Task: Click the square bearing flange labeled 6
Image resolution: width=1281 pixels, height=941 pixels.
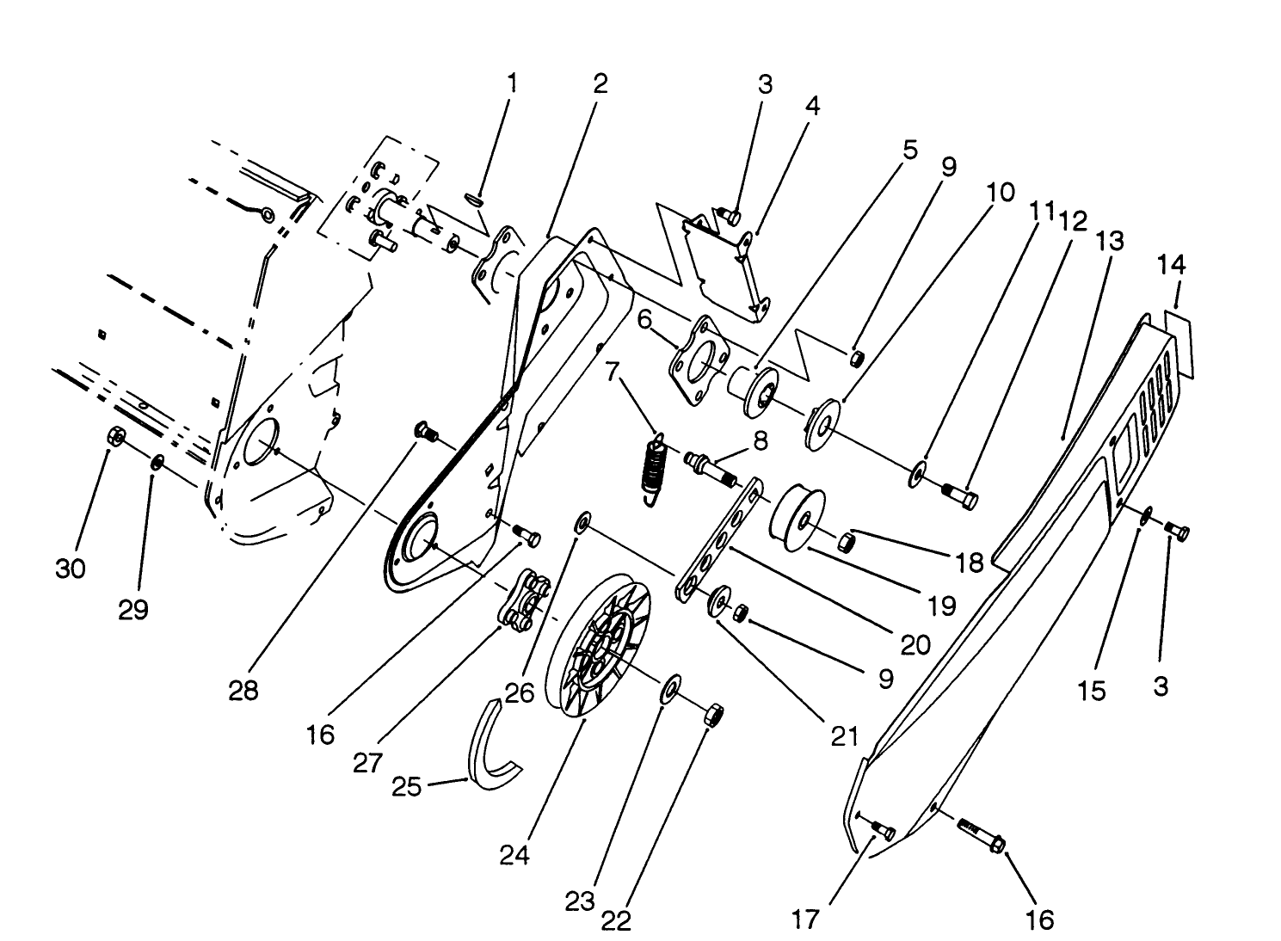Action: pos(699,361)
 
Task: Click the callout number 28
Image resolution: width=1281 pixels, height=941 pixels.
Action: pos(243,691)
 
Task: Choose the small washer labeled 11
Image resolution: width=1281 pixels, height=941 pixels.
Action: pos(919,472)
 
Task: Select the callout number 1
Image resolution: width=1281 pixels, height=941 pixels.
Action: pos(513,84)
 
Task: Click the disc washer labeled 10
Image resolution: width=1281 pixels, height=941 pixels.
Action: pos(822,421)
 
